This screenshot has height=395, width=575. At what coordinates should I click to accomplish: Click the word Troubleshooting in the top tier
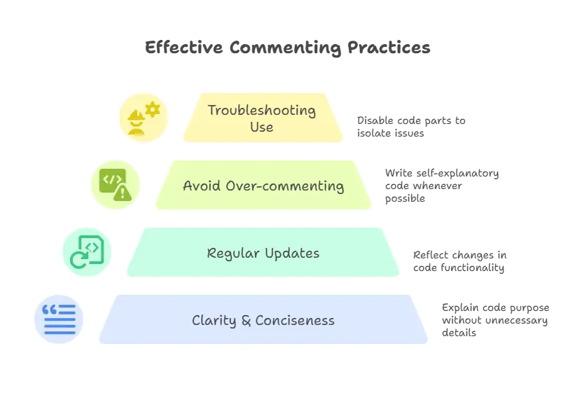tap(261, 110)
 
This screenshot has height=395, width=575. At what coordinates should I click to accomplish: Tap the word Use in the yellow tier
tap(261, 127)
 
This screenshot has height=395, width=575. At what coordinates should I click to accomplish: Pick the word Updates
tap(289, 254)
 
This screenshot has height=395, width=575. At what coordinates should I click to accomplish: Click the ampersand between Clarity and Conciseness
tap(246, 321)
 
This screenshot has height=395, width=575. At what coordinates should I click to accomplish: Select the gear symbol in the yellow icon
tap(152, 109)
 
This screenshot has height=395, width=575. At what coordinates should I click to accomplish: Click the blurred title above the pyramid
tap(286, 48)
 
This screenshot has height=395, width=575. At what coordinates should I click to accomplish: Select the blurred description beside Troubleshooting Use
tap(410, 126)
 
